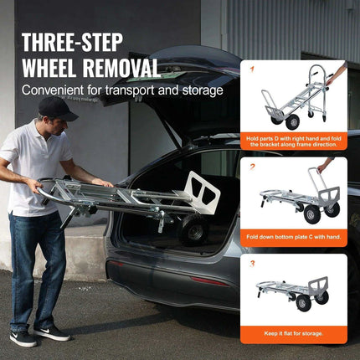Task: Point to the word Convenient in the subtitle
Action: coord(51,90)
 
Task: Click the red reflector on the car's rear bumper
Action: coord(213,279)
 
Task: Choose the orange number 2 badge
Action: coord(250,167)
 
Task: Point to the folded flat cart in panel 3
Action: coord(293,293)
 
